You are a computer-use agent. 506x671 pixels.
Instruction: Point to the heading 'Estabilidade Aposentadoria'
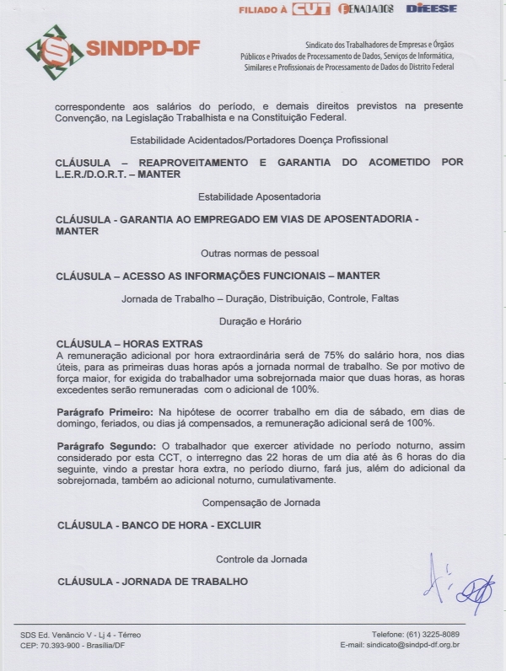point(259,196)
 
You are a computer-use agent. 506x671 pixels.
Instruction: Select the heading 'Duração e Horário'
point(260,321)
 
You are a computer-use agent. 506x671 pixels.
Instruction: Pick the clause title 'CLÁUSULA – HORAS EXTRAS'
point(129,344)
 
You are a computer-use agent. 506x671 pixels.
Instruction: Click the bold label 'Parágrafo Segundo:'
point(105,445)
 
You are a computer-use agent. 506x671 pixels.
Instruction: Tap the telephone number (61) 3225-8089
point(430,634)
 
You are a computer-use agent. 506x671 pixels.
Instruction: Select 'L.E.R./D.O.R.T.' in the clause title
point(90,174)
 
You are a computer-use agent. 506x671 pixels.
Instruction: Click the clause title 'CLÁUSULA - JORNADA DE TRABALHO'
point(152,582)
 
